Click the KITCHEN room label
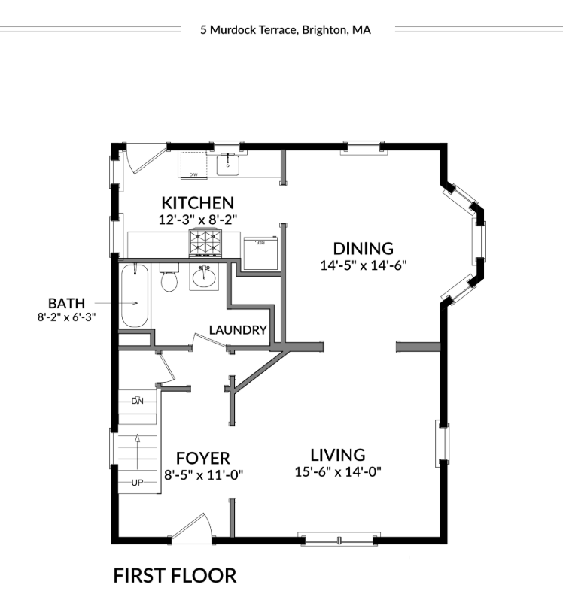tap(198, 202)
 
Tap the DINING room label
tap(364, 248)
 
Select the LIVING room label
tap(338, 455)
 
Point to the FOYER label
tap(202, 458)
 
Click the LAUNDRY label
tap(238, 330)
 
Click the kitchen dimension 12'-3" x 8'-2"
tap(198, 220)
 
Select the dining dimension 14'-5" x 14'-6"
tap(364, 265)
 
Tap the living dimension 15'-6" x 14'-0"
tap(338, 472)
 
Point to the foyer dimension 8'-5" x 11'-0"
tap(203, 474)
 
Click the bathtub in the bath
tap(135, 295)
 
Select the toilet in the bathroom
tap(169, 279)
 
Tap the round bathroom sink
tap(203, 277)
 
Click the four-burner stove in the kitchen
tap(205, 242)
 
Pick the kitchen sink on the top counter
tap(227, 163)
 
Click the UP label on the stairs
tap(137, 483)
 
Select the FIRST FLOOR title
tap(175, 576)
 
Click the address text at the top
tap(285, 31)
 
